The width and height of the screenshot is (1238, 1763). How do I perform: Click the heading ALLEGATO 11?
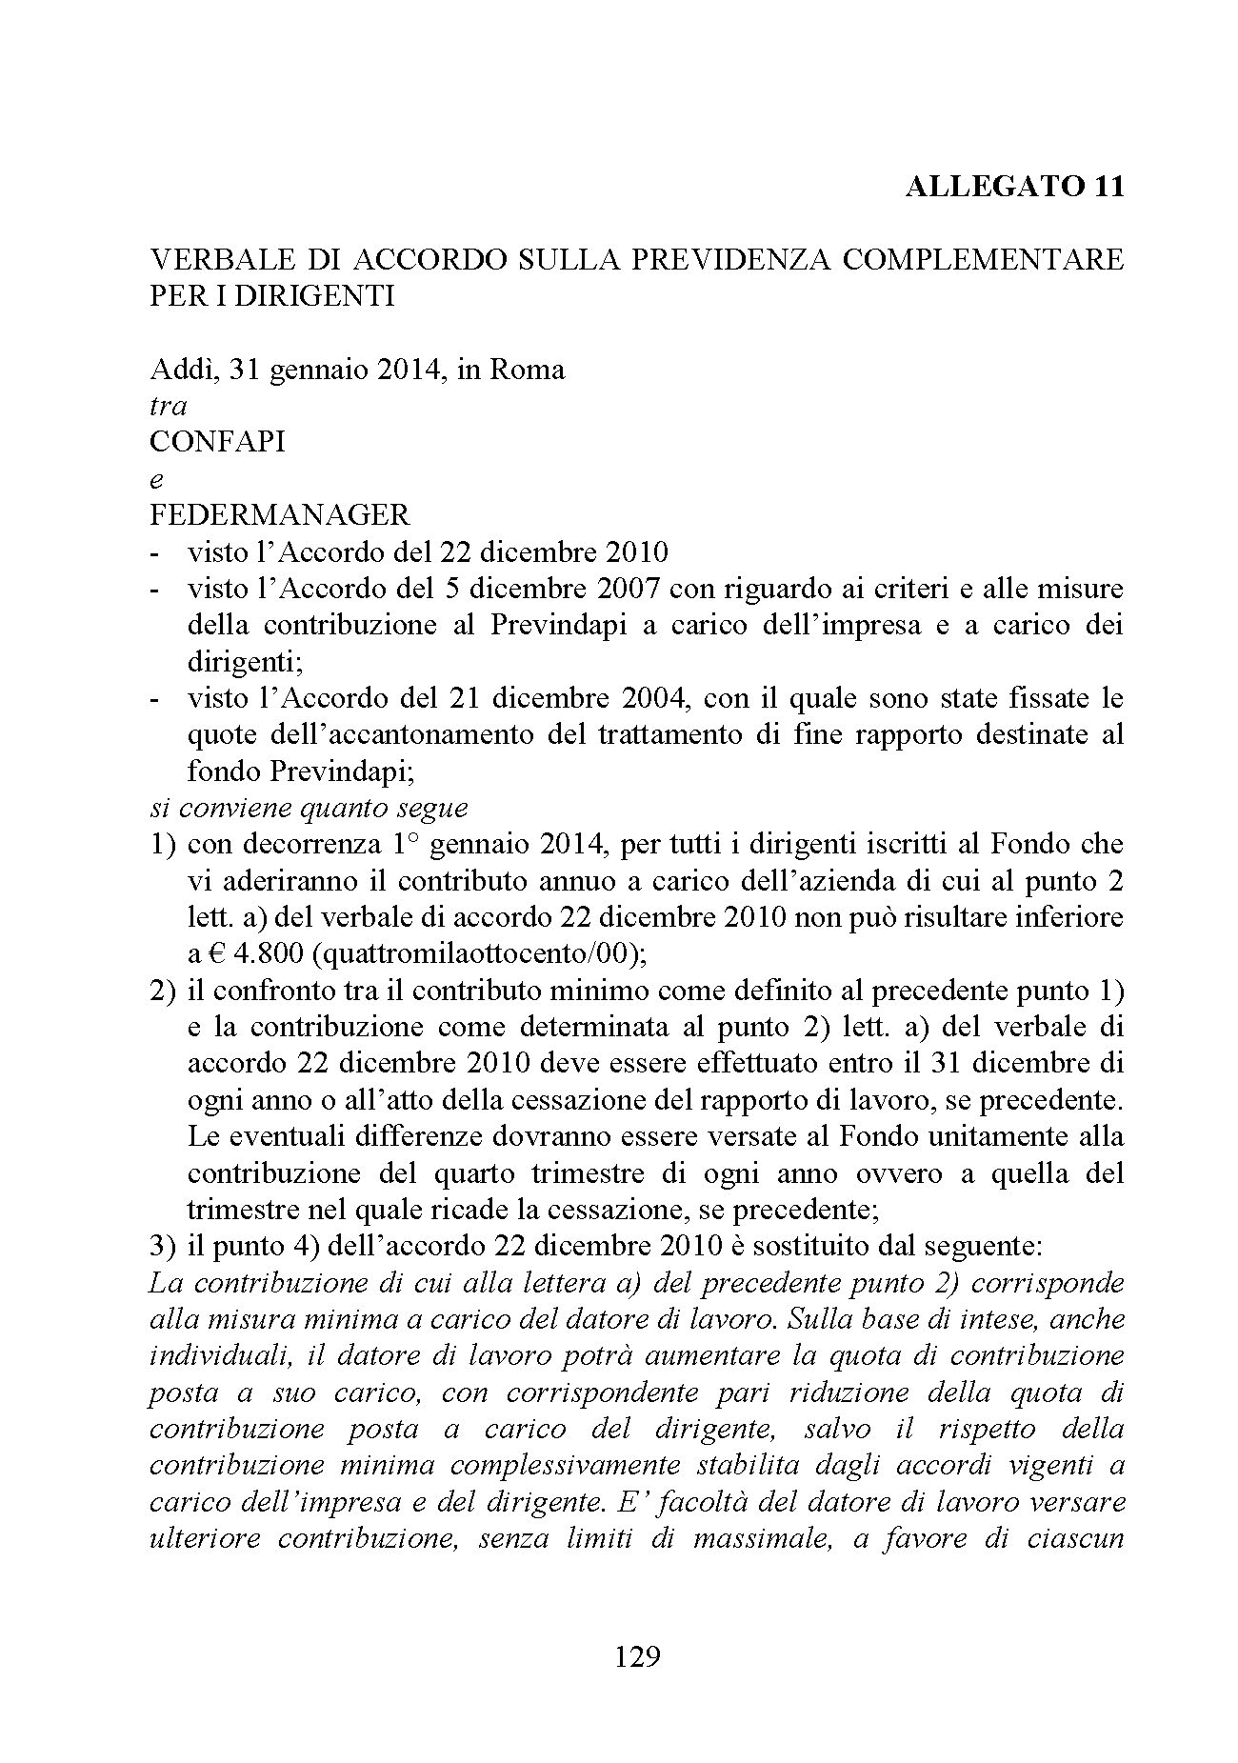tap(1014, 186)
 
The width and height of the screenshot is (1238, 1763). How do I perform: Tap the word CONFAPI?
tap(218, 442)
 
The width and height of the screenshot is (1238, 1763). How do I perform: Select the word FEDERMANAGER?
tap(280, 515)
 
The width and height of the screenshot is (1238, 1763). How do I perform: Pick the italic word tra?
tap(169, 406)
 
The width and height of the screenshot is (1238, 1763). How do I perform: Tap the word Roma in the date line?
tap(527, 369)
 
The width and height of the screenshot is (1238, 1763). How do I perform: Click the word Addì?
tap(181, 369)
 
